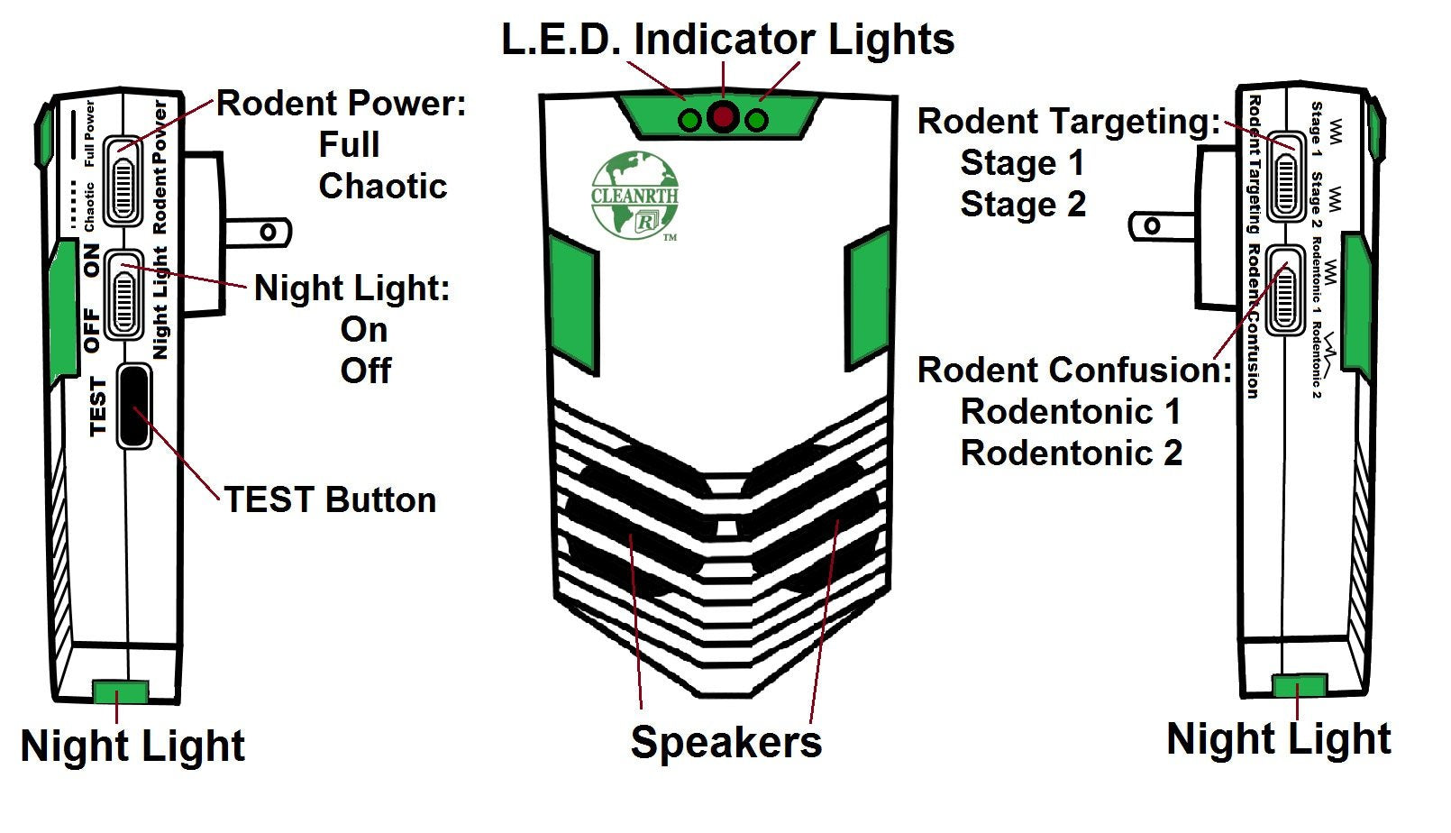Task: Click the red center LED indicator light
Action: [x=723, y=118]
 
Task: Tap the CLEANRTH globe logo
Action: [x=634, y=196]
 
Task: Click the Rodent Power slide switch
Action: [x=123, y=179]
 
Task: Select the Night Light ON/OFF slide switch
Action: [x=123, y=293]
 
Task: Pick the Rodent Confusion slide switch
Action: [x=1283, y=289]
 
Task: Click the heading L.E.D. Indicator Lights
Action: [x=727, y=40]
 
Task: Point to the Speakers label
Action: [x=725, y=742]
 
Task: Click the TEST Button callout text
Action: [x=330, y=499]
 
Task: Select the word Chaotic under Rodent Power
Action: [x=382, y=186]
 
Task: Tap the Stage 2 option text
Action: [x=1023, y=204]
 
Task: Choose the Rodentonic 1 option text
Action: [x=1071, y=411]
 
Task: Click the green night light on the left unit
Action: [x=120, y=691]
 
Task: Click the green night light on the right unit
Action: [x=1299, y=685]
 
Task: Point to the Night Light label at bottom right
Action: [x=1278, y=738]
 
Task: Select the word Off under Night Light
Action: [x=366, y=371]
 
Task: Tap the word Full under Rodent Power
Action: [x=349, y=144]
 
